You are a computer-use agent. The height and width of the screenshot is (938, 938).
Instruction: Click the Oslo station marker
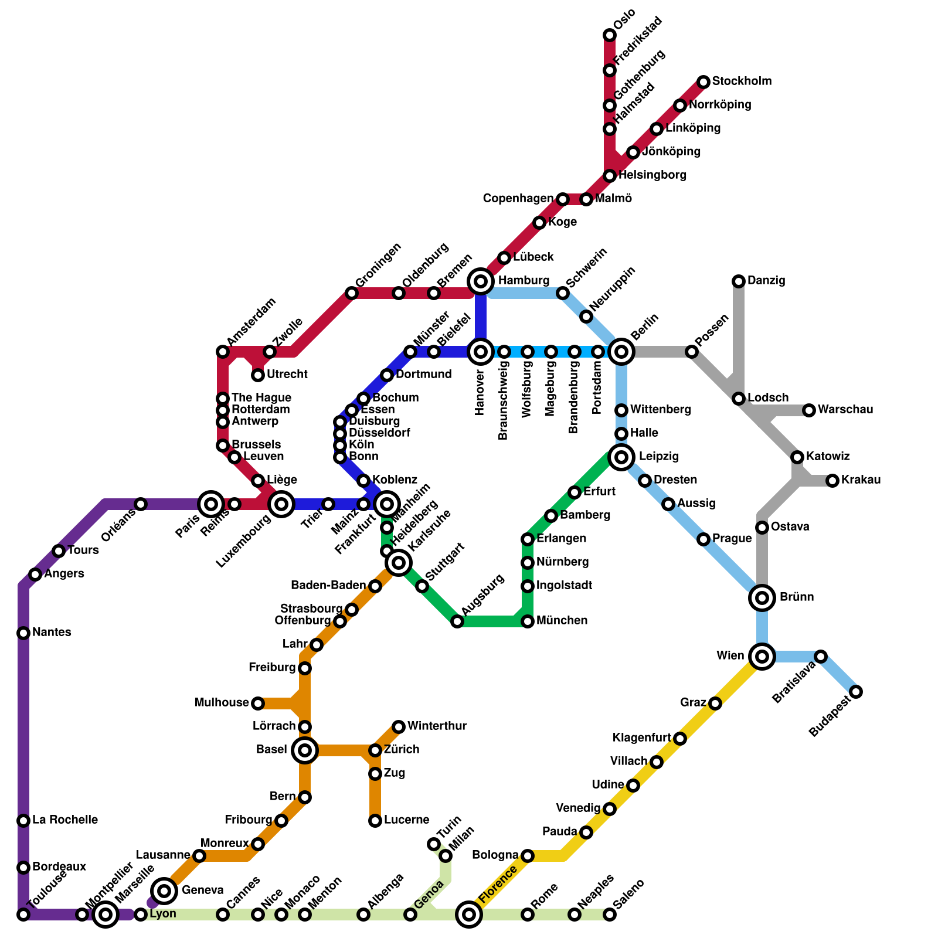(x=610, y=35)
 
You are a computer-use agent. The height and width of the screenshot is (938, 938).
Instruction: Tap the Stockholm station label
(x=742, y=81)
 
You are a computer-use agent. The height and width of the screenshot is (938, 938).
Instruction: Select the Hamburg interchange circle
(x=481, y=281)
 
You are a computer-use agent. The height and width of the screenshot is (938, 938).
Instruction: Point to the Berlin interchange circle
(x=621, y=352)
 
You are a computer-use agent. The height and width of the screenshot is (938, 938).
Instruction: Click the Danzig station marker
(x=739, y=281)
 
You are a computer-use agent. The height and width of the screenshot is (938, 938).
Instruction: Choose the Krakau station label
(x=861, y=480)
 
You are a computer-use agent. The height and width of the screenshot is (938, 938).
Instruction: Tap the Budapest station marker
(x=856, y=692)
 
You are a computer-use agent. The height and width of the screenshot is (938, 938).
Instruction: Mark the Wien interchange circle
(x=762, y=657)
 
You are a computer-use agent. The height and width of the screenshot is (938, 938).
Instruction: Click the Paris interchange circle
(x=211, y=504)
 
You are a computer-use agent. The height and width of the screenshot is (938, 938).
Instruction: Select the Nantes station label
(x=52, y=633)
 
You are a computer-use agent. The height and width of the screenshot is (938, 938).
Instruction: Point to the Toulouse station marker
(x=23, y=915)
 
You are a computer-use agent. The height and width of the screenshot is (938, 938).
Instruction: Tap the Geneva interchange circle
(x=165, y=891)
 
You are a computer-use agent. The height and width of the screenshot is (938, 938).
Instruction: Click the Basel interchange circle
(x=305, y=750)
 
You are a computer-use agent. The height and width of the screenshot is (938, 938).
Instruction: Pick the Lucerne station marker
(x=375, y=821)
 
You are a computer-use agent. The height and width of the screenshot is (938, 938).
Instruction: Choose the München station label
(x=562, y=621)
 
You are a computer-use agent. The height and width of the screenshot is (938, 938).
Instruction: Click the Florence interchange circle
(x=469, y=915)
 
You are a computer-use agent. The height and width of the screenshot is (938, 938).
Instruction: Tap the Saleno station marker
(x=610, y=915)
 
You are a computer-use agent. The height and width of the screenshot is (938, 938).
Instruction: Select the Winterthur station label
(x=437, y=726)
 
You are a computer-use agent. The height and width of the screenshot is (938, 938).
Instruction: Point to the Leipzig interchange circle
(x=621, y=457)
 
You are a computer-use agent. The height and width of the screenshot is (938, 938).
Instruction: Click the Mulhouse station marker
(x=258, y=704)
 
